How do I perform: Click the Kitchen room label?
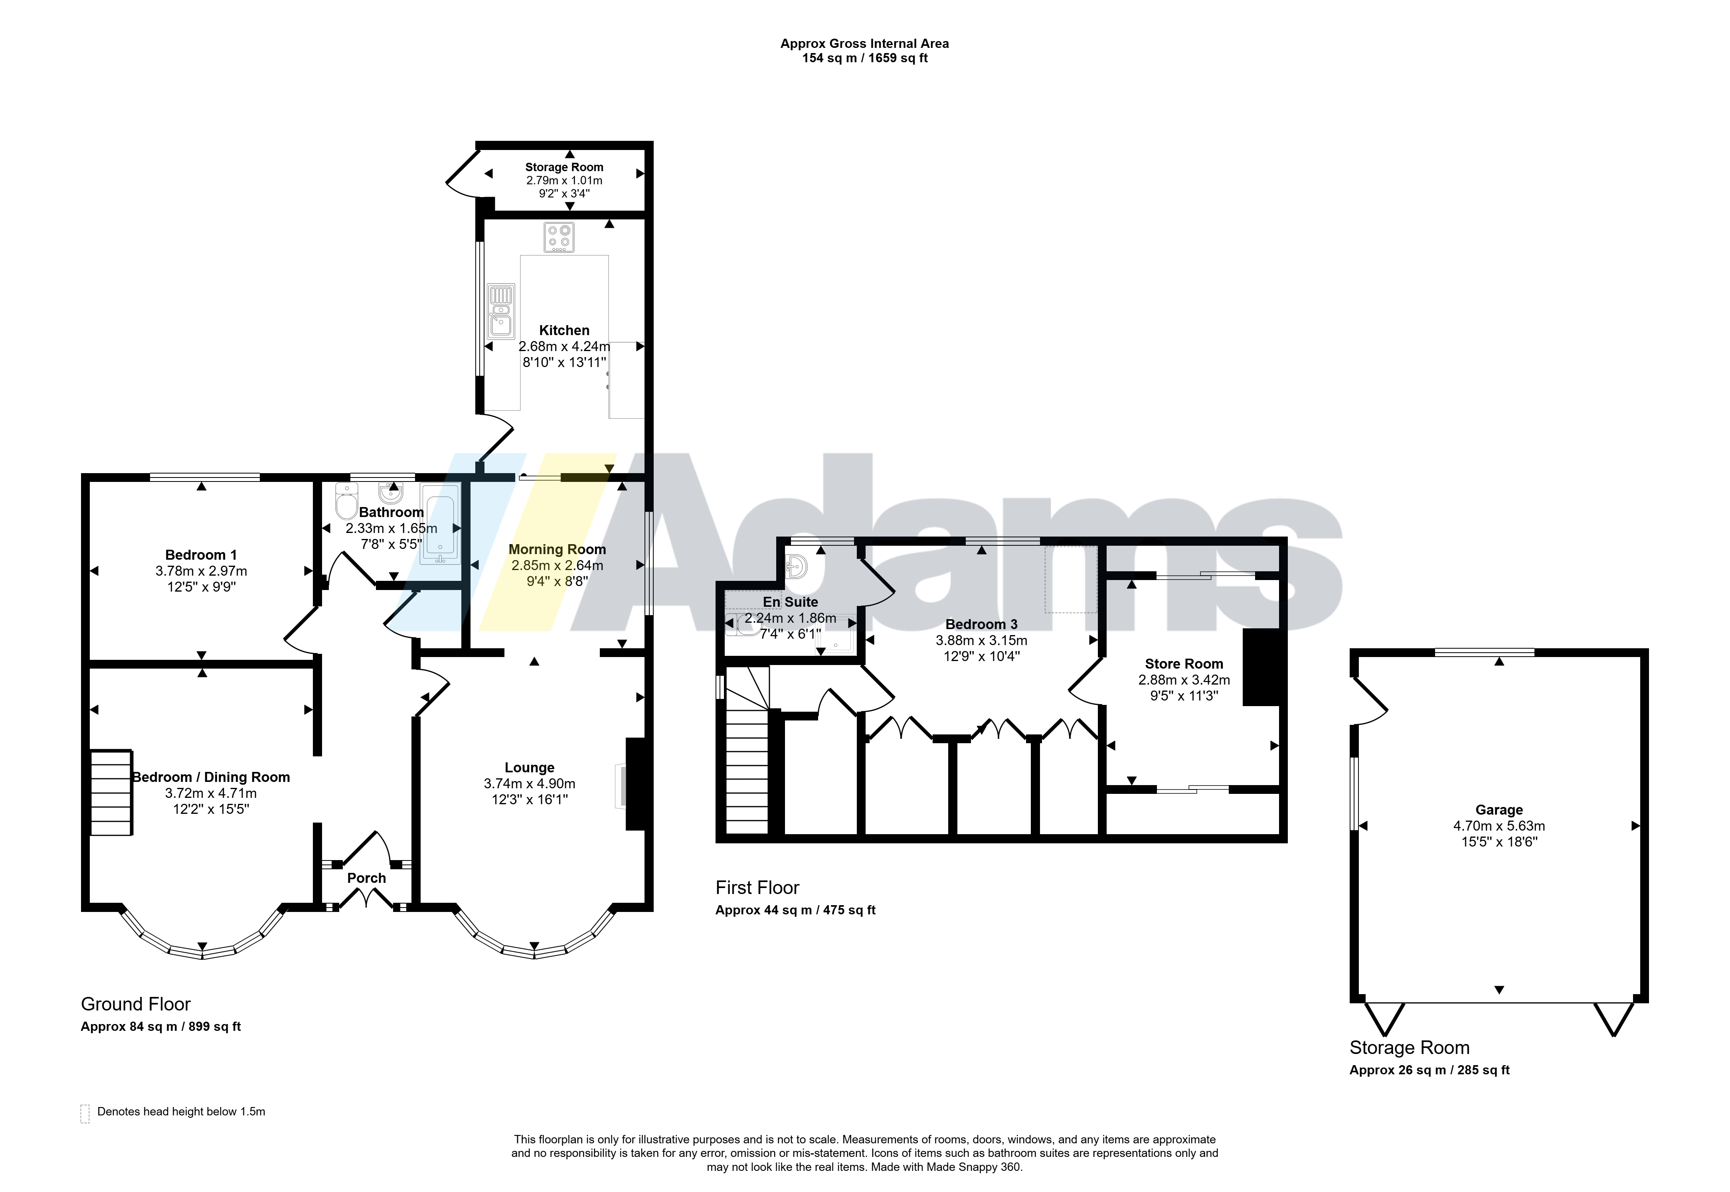coord(564,330)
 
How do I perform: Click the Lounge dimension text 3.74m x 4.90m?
coord(530,783)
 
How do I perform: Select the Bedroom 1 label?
coord(201,555)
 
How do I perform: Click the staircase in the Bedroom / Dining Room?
coord(111,792)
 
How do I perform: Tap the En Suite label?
coord(790,602)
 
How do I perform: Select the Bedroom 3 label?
coord(981,624)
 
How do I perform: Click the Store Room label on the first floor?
coord(1184,664)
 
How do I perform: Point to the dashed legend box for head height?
coord(85,1113)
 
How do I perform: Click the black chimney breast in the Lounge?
coord(635,784)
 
